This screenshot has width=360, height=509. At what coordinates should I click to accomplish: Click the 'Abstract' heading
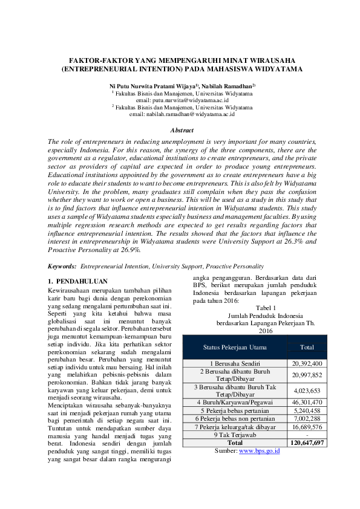coord(182,130)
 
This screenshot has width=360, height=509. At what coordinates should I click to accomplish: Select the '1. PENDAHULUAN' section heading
coord(77,281)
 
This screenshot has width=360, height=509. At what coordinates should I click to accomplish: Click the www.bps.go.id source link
coord(260,451)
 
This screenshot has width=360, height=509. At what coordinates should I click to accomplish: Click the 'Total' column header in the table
coord(307,347)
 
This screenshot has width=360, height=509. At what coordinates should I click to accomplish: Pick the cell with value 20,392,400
coord(307,363)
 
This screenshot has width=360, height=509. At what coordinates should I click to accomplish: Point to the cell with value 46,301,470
coord(307,401)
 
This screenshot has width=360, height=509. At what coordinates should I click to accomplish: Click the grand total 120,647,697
coord(307,443)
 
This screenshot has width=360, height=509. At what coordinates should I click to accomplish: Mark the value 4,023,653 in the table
coord(307,390)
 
